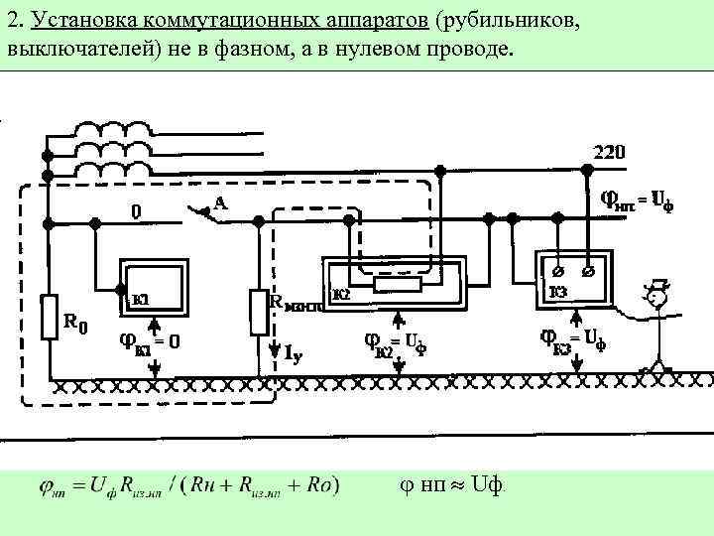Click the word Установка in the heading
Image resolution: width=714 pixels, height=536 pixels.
pos(75,20)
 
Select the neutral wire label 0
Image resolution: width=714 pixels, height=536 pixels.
pos(136,210)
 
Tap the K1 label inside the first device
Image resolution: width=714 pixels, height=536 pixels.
pos(141,298)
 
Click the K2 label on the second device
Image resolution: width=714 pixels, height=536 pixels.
pos(341,294)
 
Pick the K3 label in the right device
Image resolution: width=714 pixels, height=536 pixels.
pos(558,293)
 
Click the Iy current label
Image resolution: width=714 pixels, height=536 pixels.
pos(294,352)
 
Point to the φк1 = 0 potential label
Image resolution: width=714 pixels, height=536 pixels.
pos(149,341)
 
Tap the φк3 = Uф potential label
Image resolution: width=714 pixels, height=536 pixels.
pos(572,338)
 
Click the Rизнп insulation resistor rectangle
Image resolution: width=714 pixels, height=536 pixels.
pos(258,310)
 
